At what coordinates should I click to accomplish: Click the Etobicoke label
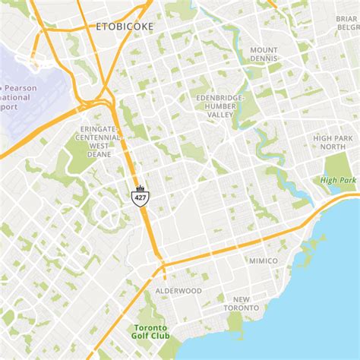point(126,27)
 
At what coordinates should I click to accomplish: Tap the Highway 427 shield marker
point(140,197)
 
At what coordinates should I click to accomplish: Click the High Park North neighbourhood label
point(334,142)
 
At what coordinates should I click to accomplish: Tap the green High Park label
point(338,180)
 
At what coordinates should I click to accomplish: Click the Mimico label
point(264,261)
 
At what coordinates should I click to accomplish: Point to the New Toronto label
point(242,303)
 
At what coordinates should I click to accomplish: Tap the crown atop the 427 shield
point(140,188)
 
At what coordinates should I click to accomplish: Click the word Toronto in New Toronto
point(242,308)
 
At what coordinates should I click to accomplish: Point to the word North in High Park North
point(334,147)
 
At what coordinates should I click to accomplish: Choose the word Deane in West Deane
point(99,154)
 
